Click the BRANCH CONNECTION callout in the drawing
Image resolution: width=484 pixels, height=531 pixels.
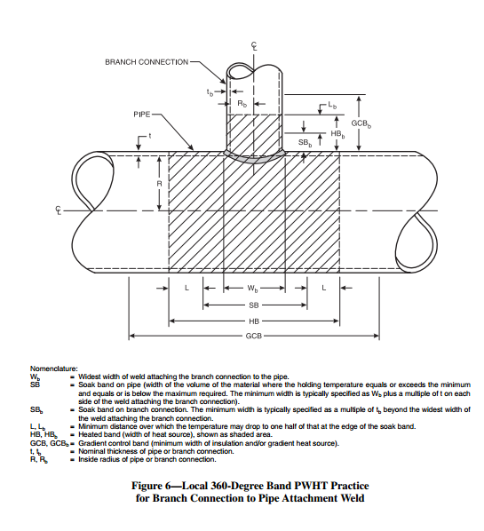(x=147, y=62)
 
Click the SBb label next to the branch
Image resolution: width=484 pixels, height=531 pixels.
(x=305, y=142)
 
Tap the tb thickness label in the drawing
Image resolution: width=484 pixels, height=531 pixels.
(x=210, y=92)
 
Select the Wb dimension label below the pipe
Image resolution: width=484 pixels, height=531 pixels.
(x=253, y=289)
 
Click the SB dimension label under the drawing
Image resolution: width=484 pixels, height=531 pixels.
(x=253, y=305)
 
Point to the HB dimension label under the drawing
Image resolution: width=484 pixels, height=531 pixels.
(x=253, y=321)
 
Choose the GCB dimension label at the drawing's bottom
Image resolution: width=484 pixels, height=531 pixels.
(x=253, y=337)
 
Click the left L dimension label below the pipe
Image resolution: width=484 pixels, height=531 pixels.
(x=186, y=289)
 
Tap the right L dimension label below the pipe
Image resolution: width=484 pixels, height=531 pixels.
(x=324, y=289)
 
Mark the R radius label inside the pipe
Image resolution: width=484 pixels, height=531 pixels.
(x=159, y=184)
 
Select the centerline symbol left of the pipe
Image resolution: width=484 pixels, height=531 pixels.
(x=59, y=210)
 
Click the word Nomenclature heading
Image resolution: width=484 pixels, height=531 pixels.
(x=54, y=368)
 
